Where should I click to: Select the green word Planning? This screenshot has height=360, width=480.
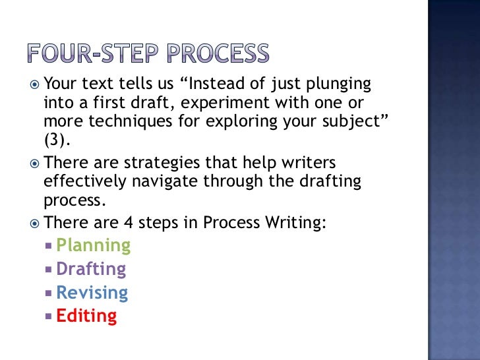93,245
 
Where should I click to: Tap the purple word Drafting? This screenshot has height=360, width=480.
91,269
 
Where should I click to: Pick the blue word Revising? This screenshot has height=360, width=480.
92,293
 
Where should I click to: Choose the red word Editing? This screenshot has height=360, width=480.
86,316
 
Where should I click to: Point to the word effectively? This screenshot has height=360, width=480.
86,182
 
